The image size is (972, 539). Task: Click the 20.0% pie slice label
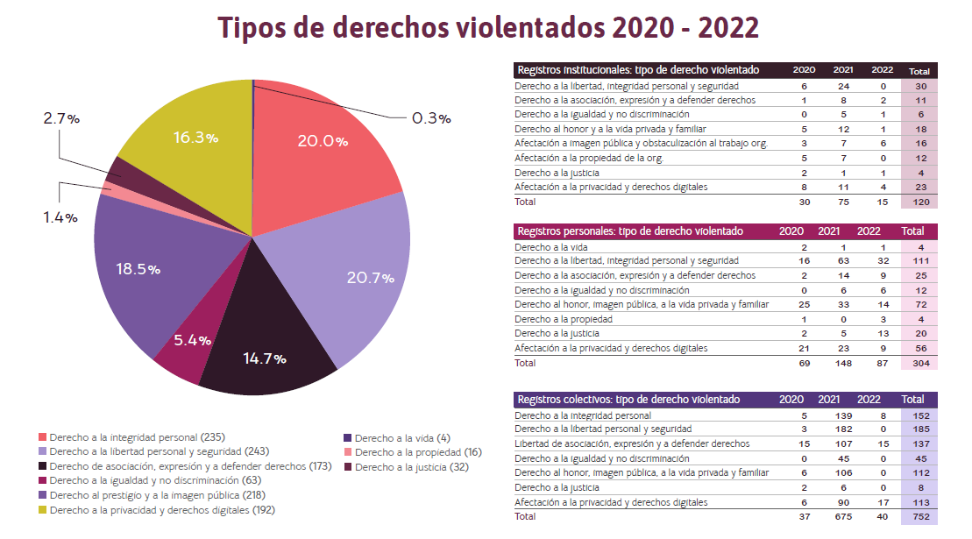(323, 141)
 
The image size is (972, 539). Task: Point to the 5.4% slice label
(191, 340)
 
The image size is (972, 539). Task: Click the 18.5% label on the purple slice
(138, 269)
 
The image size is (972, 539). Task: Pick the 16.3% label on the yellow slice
(195, 138)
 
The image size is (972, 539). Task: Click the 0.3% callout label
(431, 118)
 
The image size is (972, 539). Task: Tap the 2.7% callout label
(61, 118)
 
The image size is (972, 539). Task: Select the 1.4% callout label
(60, 216)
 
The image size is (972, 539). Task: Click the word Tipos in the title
(258, 28)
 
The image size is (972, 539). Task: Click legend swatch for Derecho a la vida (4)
(348, 437)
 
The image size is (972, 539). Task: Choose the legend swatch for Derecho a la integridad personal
(43, 437)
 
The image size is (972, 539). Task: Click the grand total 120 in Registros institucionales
(920, 201)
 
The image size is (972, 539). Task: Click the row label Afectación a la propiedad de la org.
(589, 158)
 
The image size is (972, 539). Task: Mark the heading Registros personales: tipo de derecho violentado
(630, 231)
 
